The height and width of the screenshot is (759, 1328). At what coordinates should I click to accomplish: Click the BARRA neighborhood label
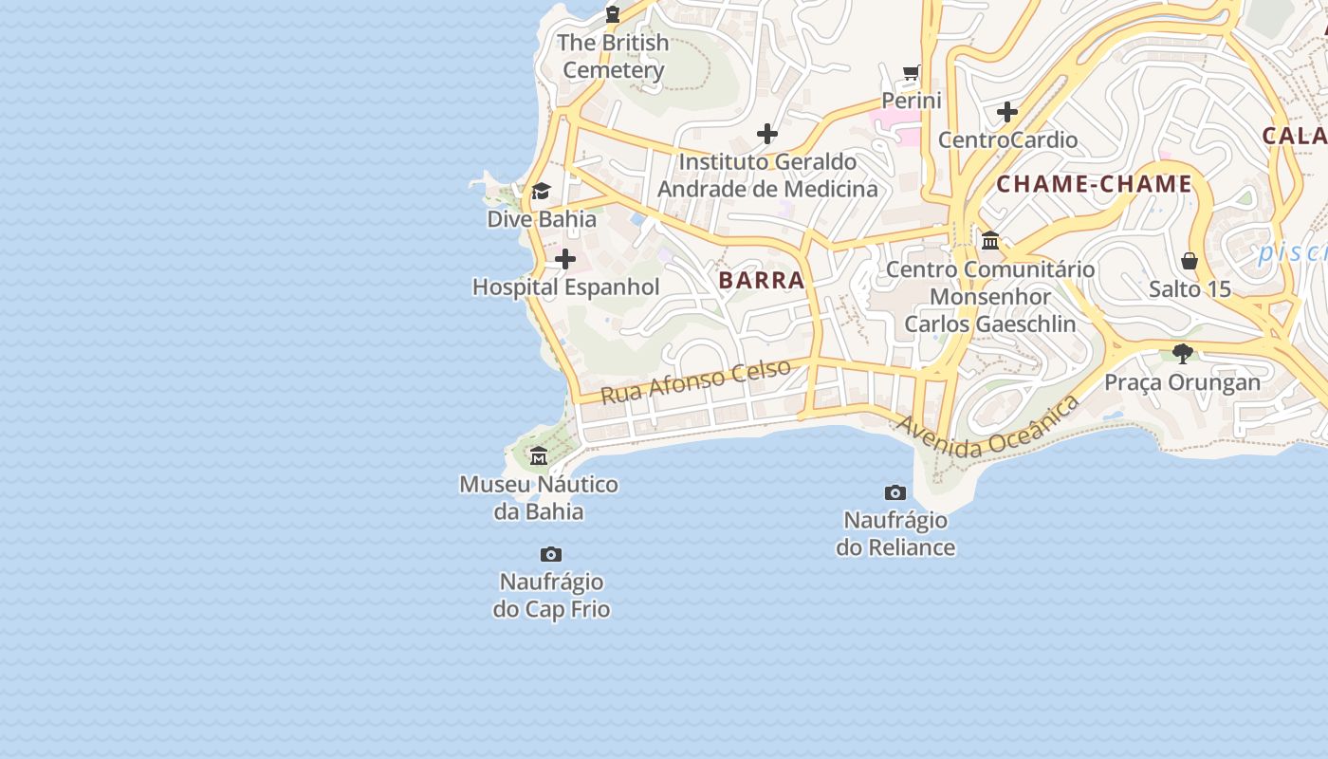762,280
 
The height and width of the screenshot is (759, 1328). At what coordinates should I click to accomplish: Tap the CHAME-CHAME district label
1094,184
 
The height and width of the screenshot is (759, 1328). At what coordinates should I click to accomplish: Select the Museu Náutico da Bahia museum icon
539,456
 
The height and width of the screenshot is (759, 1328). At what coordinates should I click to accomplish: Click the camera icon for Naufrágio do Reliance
895,492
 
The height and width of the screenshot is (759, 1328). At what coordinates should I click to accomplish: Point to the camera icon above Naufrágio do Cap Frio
550,554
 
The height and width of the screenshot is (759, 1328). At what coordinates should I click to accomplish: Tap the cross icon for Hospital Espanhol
565,259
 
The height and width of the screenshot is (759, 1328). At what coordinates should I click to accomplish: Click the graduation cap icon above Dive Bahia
541,192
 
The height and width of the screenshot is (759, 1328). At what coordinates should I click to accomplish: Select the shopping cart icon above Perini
912,73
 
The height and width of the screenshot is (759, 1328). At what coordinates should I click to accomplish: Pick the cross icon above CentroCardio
1007,113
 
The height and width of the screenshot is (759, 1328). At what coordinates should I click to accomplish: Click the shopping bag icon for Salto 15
1190,261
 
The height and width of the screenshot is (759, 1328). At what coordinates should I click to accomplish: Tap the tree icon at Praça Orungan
1182,354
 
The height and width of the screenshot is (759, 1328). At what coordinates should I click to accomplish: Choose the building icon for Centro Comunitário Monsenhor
990,241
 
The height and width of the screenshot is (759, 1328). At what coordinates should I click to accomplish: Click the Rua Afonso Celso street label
696,380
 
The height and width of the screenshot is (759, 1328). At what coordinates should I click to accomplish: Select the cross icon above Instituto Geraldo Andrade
767,134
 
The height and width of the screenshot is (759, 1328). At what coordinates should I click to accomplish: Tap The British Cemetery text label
613,56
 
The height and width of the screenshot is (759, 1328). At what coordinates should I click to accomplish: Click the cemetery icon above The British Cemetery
613,14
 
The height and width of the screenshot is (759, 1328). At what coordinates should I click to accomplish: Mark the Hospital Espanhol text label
565,287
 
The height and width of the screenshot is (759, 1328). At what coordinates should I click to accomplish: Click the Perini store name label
912,101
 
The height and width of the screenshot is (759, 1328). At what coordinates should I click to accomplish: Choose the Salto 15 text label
1190,288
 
